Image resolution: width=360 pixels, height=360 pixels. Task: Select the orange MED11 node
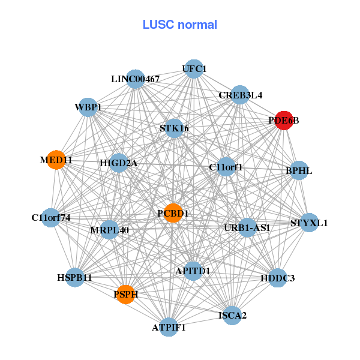[x=56, y=160]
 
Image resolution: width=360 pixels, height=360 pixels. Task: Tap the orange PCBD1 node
[x=173, y=213]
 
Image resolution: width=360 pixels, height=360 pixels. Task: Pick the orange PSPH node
[x=125, y=294]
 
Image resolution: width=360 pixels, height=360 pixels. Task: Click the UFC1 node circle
[x=193, y=69]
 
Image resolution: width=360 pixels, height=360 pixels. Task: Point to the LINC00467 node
[x=136, y=79]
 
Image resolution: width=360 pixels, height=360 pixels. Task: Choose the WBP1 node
[x=88, y=107]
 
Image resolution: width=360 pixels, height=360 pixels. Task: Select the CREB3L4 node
[x=240, y=95]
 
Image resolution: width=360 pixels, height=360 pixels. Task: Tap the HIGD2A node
[x=118, y=163]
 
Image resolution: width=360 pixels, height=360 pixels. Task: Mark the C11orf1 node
[x=226, y=167]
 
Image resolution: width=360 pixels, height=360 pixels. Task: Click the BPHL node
[x=299, y=171]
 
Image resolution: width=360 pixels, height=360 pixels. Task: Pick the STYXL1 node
[x=309, y=223]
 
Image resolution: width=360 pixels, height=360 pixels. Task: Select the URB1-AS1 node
[x=247, y=227]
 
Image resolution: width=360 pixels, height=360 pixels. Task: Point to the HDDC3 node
[x=277, y=278]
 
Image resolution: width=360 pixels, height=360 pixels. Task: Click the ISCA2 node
[x=232, y=314]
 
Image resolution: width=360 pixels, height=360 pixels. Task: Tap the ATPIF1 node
[x=169, y=328]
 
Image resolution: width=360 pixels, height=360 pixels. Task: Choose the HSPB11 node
[x=75, y=278]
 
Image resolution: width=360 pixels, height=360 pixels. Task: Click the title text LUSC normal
[x=179, y=25]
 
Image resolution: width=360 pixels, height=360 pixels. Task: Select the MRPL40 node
[x=109, y=230]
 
